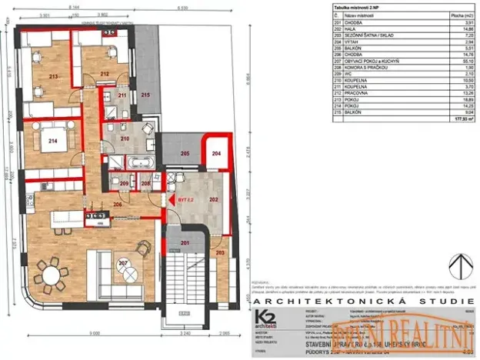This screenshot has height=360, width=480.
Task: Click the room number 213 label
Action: tap(53, 77)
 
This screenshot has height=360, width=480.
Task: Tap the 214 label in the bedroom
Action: tap(54, 141)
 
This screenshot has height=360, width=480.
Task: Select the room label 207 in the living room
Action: tap(122, 264)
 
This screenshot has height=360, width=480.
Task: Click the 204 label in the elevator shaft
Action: tap(216, 155)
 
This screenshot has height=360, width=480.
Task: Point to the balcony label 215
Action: tap(145, 95)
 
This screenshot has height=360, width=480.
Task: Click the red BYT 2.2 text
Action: tap(186, 199)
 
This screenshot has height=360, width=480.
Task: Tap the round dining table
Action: tap(52, 275)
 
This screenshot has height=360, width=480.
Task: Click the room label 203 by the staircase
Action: tap(221, 252)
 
